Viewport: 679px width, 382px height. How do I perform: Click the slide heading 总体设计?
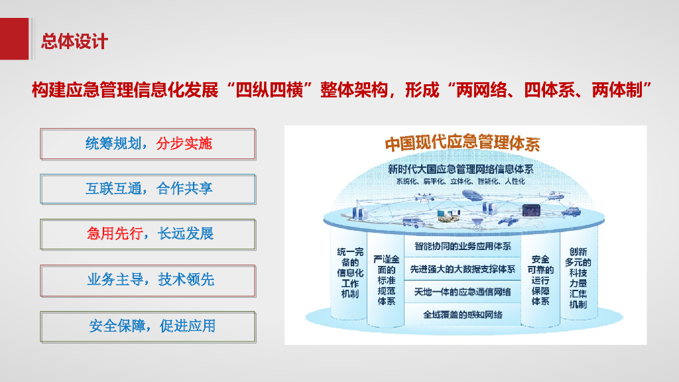74,41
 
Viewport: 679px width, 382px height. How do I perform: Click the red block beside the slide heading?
14,38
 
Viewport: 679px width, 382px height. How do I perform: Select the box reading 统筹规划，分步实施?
149,144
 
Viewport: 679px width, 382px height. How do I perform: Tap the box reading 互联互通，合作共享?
149,189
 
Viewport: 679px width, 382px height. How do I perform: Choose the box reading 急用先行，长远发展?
149,234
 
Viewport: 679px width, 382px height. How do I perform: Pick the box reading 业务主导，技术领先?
149,280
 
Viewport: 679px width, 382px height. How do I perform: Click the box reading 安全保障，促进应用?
149,326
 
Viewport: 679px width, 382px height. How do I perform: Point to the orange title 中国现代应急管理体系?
462,143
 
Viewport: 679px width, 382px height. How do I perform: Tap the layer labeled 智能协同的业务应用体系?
462,246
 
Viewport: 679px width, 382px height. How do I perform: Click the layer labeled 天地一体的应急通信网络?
462,291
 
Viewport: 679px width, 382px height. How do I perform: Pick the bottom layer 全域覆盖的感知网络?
462,314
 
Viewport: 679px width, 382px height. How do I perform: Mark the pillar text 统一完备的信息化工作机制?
350,273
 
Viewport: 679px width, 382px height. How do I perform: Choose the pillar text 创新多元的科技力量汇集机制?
577,278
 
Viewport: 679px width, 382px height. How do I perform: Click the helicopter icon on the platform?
554,194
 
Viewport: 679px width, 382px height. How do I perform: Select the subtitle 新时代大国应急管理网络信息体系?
462,169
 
